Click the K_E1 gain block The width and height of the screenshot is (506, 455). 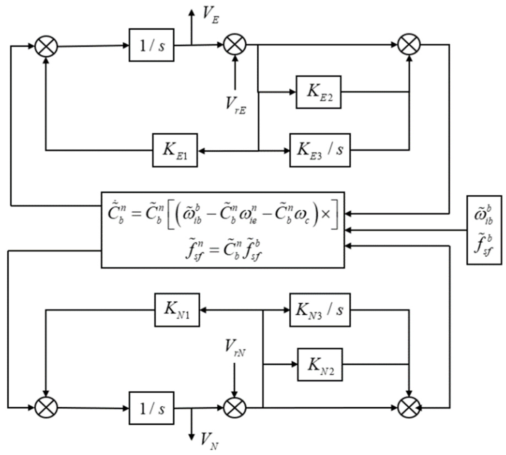[175, 150]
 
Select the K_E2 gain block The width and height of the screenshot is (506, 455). [318, 92]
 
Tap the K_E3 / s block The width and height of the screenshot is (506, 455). [320, 150]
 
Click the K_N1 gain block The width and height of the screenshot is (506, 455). [177, 310]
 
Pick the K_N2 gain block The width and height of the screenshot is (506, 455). [320, 365]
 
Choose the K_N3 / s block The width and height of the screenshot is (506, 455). [320, 310]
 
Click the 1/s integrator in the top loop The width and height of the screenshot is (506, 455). [152, 45]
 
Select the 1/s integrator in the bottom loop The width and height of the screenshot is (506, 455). [152, 408]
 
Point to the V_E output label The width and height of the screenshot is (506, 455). [210, 16]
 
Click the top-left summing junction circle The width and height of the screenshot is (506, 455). [46, 46]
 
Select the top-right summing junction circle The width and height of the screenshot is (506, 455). [409, 45]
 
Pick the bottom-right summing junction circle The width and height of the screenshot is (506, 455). [409, 408]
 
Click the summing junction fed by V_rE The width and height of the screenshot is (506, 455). [235, 45]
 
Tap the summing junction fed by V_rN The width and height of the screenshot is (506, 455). [235, 408]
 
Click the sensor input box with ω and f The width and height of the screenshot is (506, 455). [484, 230]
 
